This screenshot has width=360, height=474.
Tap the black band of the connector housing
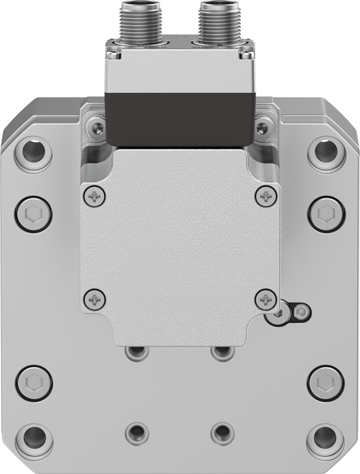coord(180,117)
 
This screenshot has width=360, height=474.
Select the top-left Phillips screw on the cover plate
coord(94,197)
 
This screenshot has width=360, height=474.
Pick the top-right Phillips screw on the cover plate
coord(266,197)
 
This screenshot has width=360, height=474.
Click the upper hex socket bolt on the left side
coord(34,214)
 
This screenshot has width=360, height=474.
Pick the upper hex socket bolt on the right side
coord(325,214)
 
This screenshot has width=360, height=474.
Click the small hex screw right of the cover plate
coord(300,312)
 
